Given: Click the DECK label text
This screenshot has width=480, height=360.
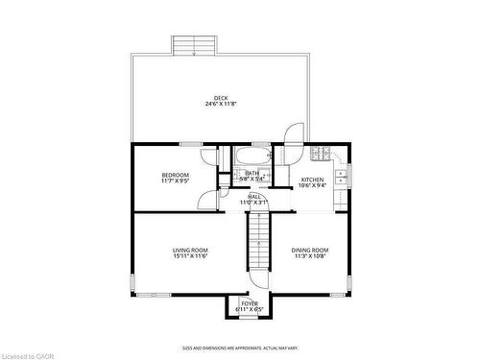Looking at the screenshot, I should pos(221,97).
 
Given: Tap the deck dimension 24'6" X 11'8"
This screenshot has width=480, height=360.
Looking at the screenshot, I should pos(221,104).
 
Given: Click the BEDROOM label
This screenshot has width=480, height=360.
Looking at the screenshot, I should pos(175,174).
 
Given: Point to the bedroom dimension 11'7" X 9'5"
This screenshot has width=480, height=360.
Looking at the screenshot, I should pos(175,180).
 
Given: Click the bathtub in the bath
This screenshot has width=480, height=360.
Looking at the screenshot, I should pos(253,156).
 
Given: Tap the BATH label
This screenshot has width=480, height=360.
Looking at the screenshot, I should pos(252,173).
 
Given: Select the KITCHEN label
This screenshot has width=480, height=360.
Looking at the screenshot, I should pos(313,180).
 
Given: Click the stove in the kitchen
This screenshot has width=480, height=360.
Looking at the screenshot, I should pos(320,154).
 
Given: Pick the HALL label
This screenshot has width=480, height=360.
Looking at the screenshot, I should pos(254,196).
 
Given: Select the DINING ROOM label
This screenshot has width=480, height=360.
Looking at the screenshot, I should pos(310,250).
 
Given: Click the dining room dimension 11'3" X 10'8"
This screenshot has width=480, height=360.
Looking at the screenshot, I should pos(310,256).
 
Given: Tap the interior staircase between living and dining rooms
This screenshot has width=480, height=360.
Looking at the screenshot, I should pos(256,242).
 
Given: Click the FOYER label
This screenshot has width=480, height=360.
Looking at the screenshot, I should pos(249,302).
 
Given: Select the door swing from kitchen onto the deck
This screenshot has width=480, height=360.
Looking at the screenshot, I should pos(294,135).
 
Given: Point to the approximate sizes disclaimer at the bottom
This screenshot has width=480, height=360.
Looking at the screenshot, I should pos(240,348).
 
